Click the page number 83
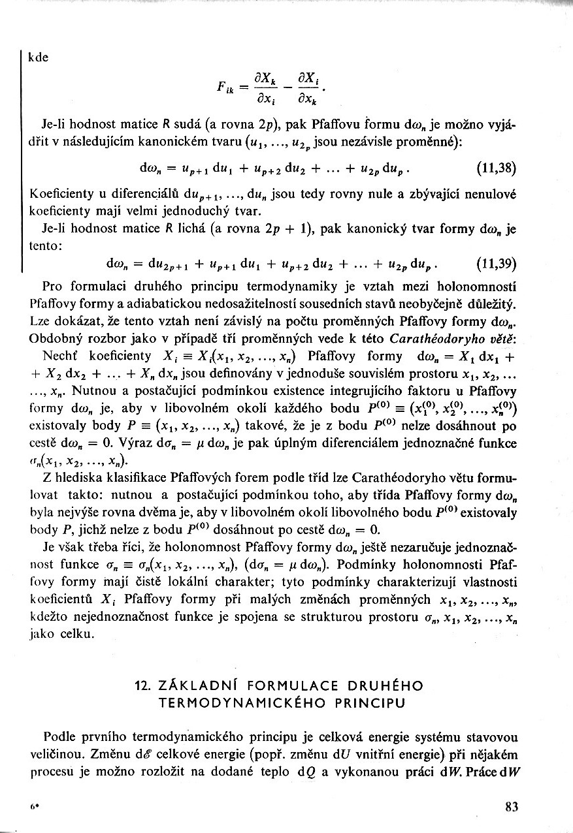512,806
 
